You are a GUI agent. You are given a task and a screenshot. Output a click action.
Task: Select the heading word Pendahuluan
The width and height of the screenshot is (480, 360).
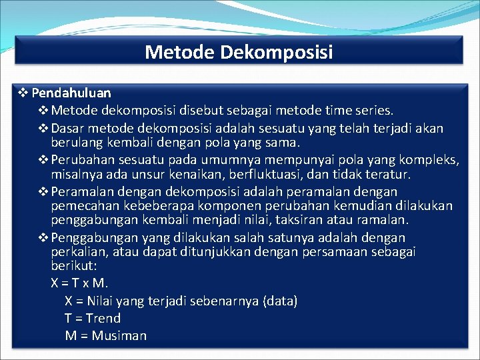(71, 93)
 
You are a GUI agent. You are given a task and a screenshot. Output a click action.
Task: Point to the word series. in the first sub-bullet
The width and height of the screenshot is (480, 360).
(374, 110)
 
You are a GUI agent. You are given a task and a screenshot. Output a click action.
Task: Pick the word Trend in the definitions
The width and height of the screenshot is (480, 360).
(103, 319)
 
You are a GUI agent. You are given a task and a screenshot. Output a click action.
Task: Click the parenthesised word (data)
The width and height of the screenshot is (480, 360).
(281, 301)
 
